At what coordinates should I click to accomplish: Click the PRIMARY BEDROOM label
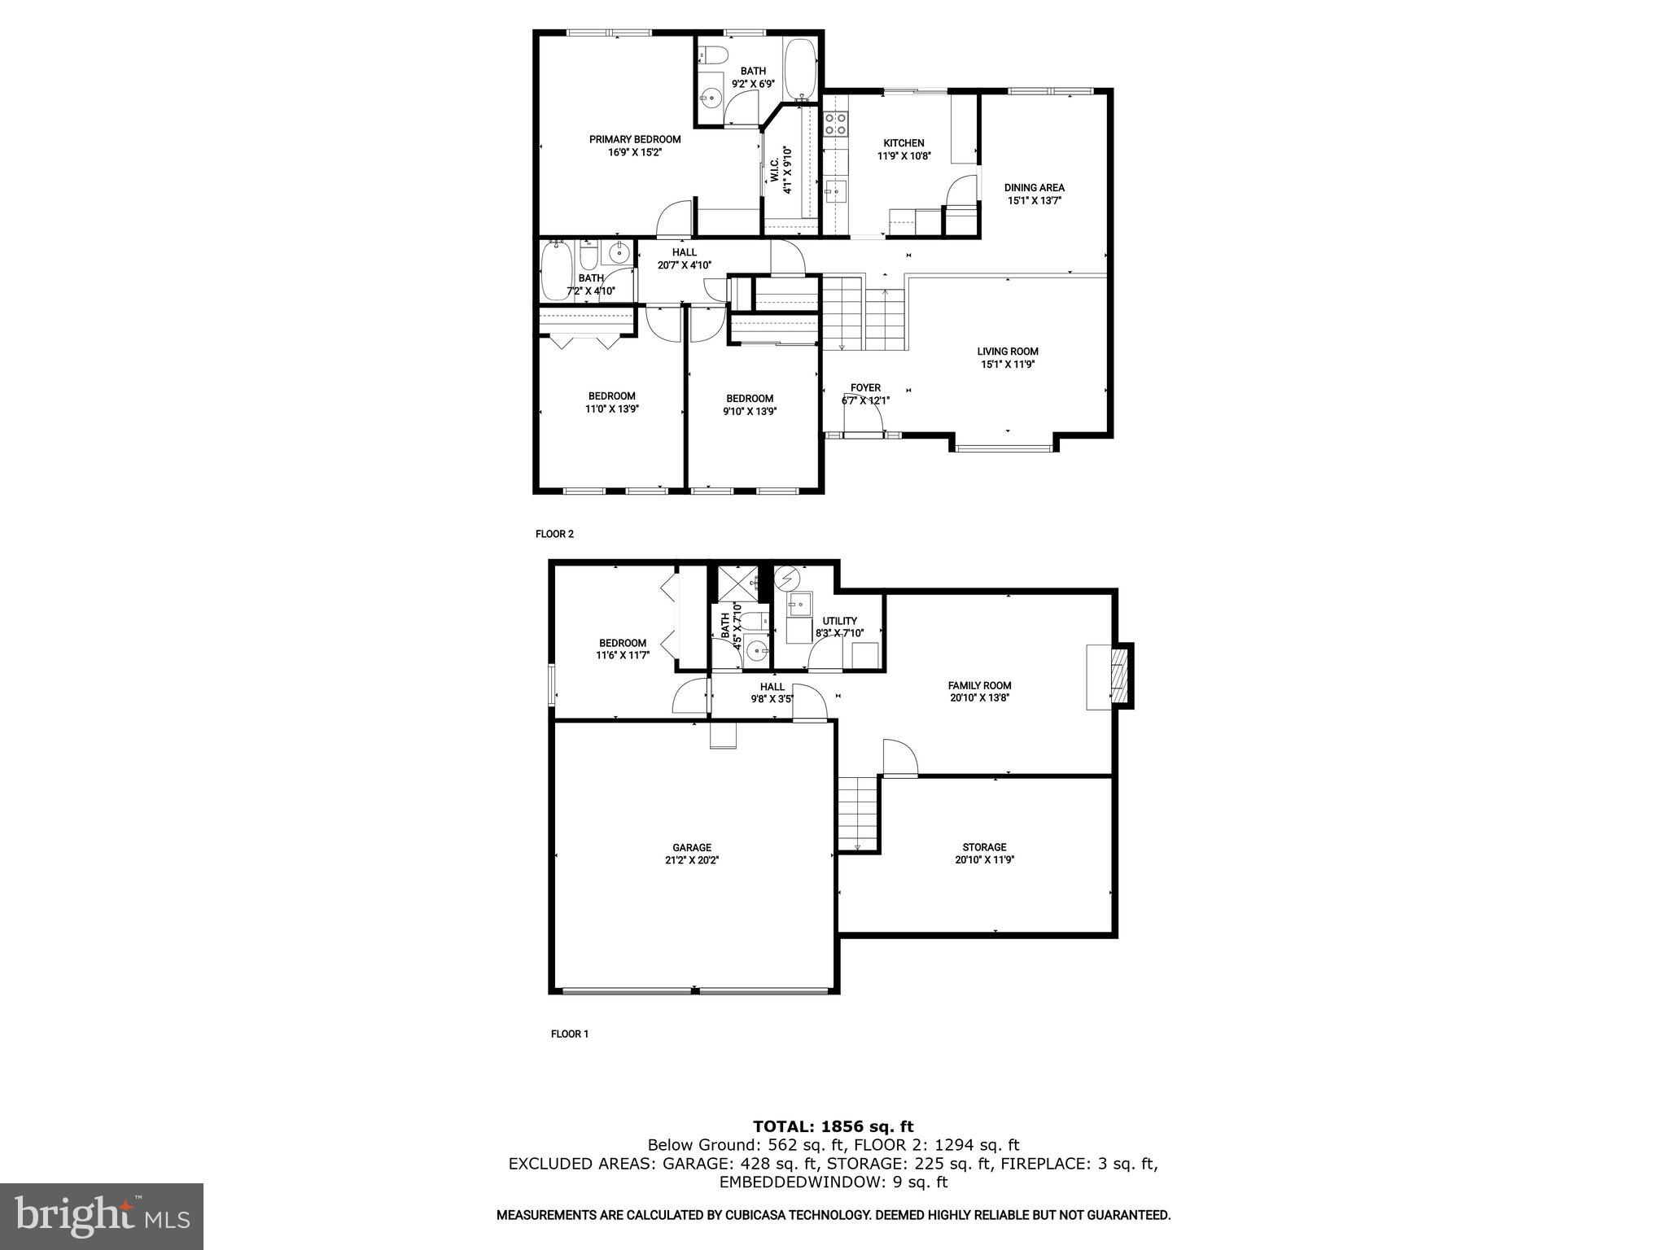635,139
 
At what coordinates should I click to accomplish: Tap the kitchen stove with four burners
836,124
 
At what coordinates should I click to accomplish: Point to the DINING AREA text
1034,187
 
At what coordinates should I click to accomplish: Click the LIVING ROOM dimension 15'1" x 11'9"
1008,365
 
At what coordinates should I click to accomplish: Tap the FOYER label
865,387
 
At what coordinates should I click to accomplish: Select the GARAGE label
691,847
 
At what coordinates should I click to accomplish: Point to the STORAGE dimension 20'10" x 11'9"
985,859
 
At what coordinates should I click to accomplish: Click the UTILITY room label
839,621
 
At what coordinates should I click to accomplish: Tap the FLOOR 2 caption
554,534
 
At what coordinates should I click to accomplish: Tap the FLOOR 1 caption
569,1034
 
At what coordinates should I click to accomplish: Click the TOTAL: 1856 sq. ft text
833,1126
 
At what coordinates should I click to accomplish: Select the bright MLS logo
102,1216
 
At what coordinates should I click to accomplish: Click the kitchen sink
835,193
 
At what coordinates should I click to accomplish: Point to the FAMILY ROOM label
979,685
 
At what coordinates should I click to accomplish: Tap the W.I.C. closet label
773,170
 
